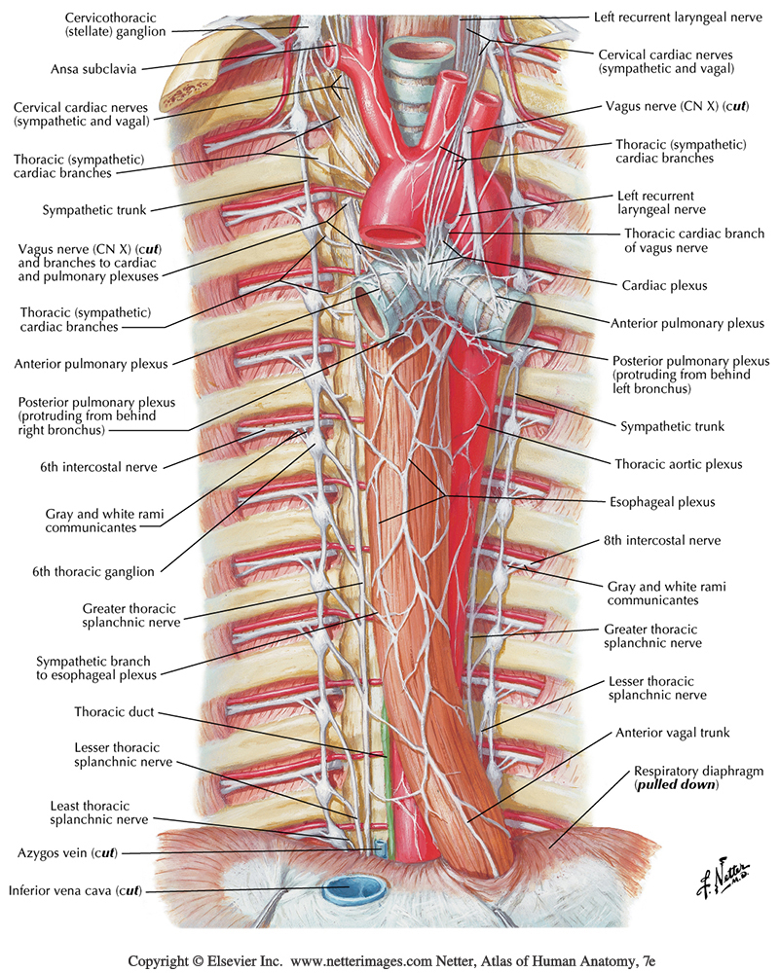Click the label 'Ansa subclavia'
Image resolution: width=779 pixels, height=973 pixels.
tap(93, 69)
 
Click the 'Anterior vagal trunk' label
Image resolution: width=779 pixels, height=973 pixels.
tap(671, 733)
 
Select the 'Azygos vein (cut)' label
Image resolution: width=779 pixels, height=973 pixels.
tap(66, 853)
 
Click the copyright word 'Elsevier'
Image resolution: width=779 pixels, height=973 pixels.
tap(235, 960)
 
